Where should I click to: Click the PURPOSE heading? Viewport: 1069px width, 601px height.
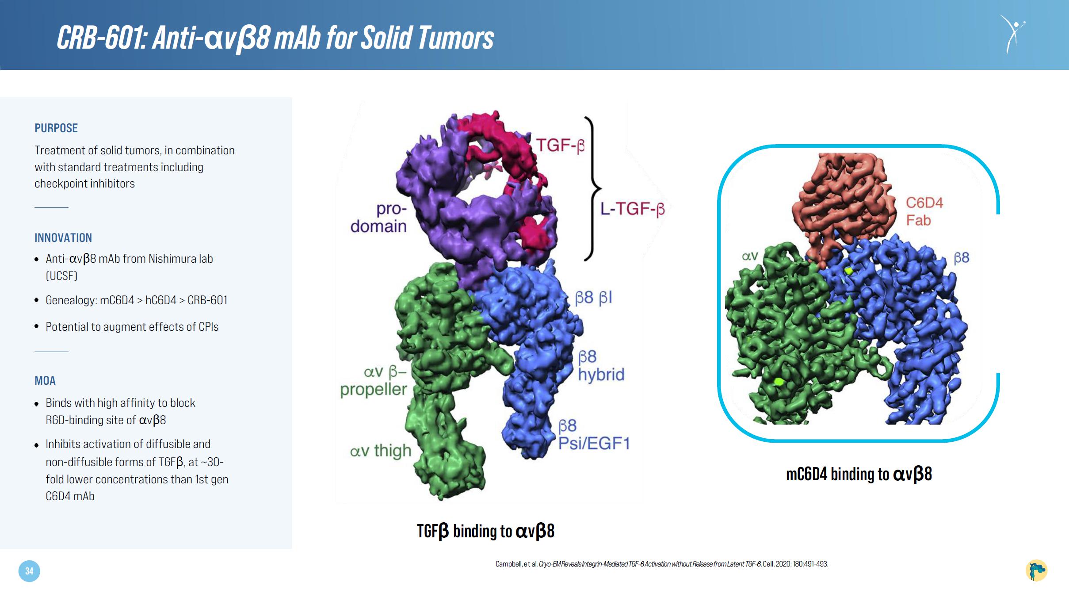point(56,128)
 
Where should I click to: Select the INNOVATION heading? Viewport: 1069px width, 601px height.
point(63,238)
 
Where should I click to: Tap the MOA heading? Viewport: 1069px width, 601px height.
point(45,381)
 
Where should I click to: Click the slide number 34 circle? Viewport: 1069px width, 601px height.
point(29,571)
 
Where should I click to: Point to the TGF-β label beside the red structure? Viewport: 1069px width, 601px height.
point(560,145)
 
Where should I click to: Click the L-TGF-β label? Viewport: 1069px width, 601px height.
point(632,208)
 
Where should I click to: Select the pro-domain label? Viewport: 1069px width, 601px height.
point(379,217)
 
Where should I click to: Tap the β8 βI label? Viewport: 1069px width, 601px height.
point(593,298)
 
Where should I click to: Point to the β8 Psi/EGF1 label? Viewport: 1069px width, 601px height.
point(594,435)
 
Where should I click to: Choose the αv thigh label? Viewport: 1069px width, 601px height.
point(381,451)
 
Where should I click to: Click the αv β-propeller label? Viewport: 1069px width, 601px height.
point(374,381)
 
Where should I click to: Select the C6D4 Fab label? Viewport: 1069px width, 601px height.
point(924,211)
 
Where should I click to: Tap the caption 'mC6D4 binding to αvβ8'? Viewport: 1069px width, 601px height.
point(859,474)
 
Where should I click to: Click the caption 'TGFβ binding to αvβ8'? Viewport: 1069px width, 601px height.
point(485,531)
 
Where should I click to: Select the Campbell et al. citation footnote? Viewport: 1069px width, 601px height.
point(662,564)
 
